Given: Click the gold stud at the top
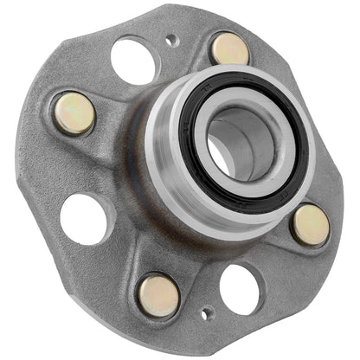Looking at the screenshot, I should pyautogui.click(x=229, y=48).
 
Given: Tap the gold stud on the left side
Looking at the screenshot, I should pyautogui.click(x=74, y=113).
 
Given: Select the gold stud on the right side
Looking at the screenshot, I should pyautogui.click(x=309, y=225).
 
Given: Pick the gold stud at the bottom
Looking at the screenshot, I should pyautogui.click(x=158, y=294).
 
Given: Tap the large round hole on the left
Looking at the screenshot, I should pyautogui.click(x=84, y=218).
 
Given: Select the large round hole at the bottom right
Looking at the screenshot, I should pyautogui.click(x=239, y=288).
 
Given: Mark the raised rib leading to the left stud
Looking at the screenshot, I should pyautogui.click(x=117, y=130).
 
